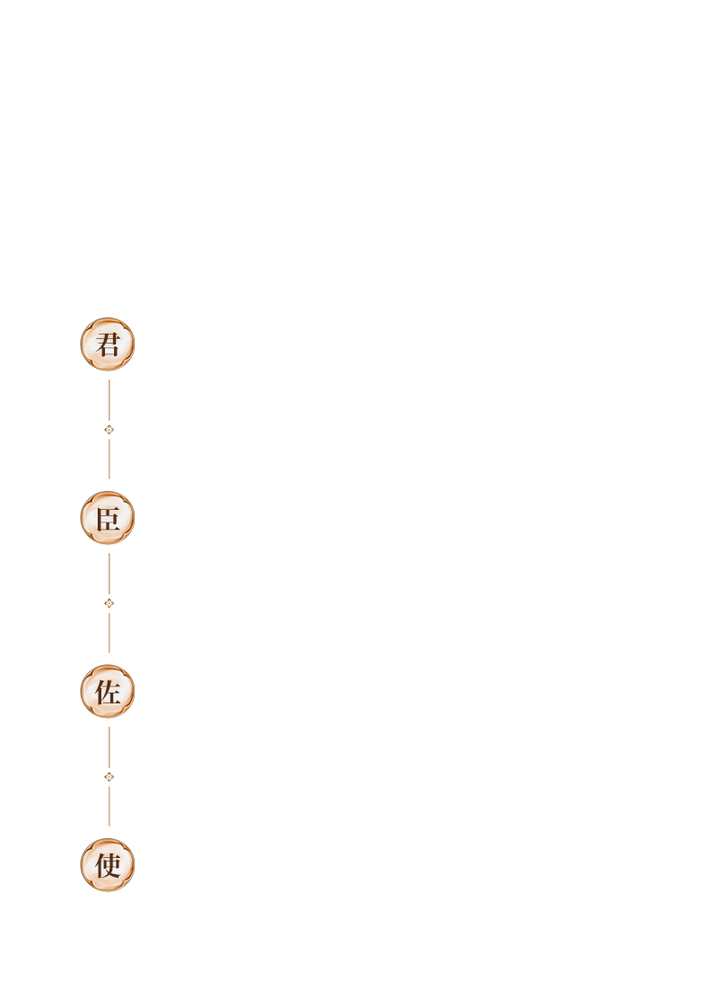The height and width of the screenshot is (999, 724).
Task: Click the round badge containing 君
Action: [108, 344]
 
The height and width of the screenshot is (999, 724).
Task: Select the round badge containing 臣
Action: [108, 517]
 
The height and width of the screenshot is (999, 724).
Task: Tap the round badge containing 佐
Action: [108, 692]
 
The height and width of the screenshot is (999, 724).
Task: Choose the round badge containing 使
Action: [108, 864]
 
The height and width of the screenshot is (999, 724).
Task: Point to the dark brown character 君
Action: [108, 344]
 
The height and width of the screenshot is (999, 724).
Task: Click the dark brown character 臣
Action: [108, 518]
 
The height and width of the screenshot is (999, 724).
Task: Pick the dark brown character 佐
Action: [108, 692]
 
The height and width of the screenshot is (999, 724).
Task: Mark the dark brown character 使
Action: [108, 865]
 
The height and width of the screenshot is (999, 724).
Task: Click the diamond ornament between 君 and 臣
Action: [110, 429]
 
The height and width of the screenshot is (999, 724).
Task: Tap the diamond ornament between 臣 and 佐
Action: [110, 603]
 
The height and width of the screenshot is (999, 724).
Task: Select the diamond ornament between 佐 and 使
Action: [110, 777]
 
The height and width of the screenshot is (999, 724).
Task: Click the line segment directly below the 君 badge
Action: [110, 401]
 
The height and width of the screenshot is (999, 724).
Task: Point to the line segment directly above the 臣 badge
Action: [110, 458]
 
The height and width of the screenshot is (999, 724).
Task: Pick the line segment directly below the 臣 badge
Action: [110, 573]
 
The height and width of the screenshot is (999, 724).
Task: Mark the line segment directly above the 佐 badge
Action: [110, 632]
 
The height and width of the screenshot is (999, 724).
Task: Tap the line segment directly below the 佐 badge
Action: [110, 747]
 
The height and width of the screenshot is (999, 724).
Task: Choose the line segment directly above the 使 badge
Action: [110, 806]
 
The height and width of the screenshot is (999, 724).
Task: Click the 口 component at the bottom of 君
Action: [110, 351]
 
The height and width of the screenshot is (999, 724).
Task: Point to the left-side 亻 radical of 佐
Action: [100, 692]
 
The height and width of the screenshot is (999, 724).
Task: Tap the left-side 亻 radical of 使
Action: [100, 865]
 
